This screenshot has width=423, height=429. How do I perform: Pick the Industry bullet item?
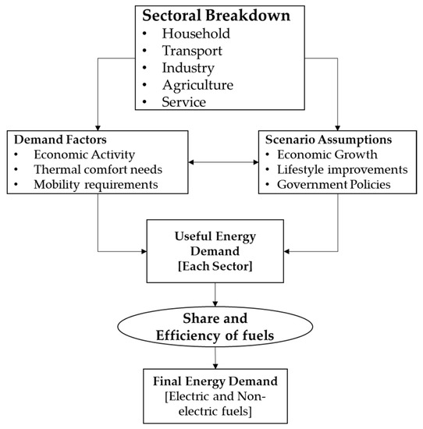[188, 67]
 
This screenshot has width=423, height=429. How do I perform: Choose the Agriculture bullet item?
[196, 84]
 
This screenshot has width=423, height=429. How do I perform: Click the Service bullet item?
[185, 101]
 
